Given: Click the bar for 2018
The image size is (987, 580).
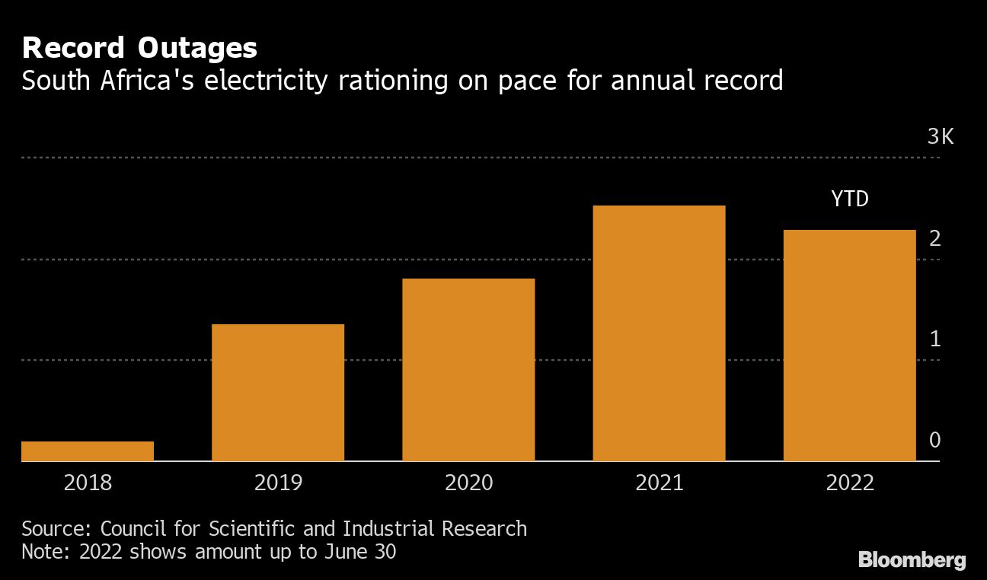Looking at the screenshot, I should pos(88,451).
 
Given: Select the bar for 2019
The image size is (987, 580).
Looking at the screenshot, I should pos(278,393).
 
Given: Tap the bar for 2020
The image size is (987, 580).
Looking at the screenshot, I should pos(468,370).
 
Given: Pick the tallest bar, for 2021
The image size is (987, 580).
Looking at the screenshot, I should pos(659,333).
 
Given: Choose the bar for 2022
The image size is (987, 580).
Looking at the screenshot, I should pos(849,346).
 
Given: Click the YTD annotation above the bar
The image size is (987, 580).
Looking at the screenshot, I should pos(849,200).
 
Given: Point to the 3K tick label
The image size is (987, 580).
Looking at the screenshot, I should pos(940,137).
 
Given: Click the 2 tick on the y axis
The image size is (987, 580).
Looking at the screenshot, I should pos(935,239).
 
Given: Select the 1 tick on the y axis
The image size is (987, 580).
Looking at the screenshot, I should pos(935,339).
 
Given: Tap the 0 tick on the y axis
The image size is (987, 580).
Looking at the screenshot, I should pos(935,441).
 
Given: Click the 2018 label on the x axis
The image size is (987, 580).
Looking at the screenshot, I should pos(88,483).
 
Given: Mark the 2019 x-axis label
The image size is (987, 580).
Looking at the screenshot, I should pos(278,483).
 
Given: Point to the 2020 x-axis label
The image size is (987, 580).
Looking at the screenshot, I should pos(468,483).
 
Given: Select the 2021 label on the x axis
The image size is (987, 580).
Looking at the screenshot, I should pos(659,483).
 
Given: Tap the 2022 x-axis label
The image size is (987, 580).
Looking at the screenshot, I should pos(849,483).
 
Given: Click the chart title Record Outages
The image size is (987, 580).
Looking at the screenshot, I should pos(139,49).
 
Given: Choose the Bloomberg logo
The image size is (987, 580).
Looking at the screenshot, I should pos(912,561).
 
